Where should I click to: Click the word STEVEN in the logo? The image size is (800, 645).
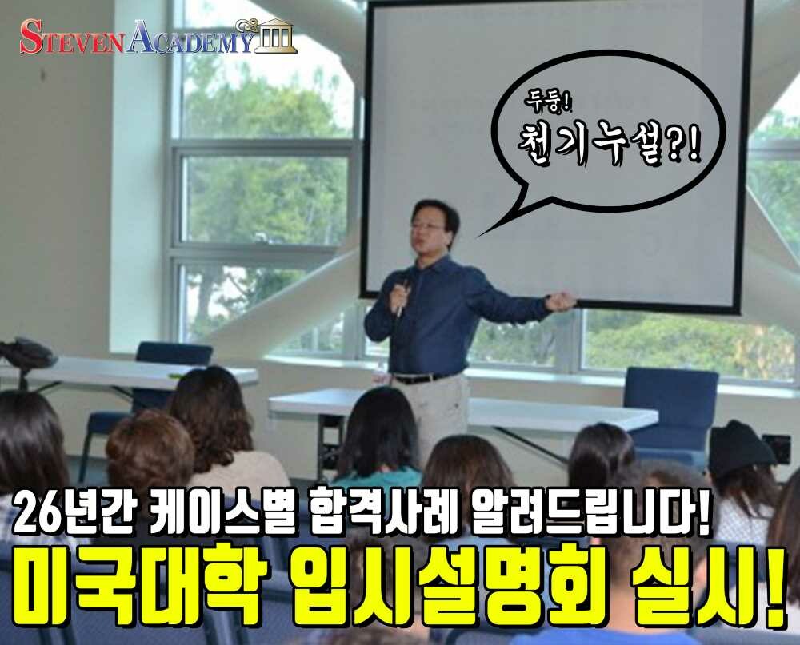point(71,38)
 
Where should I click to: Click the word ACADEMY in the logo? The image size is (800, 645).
point(190,38)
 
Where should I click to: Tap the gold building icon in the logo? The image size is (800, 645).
point(274,36)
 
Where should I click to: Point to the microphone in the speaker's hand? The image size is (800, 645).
point(403,297)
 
